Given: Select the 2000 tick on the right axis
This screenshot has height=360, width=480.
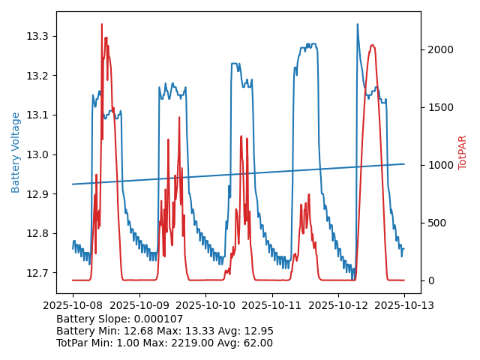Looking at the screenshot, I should pos(438,49).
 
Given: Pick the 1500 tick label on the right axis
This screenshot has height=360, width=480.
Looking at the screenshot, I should pos(438,107).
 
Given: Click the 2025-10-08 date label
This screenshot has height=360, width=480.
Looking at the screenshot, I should pos(73,305).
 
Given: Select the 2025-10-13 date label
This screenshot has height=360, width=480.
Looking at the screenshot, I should pos(404,305).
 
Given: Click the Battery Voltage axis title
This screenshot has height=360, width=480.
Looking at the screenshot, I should pos(16,152).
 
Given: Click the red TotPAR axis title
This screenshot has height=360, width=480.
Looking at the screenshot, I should pos(462,152).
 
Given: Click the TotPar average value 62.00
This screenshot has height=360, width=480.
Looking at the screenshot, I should pos(256,343).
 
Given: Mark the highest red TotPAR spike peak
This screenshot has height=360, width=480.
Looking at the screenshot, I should pos(102,24).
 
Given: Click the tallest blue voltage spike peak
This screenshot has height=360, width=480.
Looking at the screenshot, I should pos(357,24).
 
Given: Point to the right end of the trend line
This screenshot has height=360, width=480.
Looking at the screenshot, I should pos(404,163).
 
